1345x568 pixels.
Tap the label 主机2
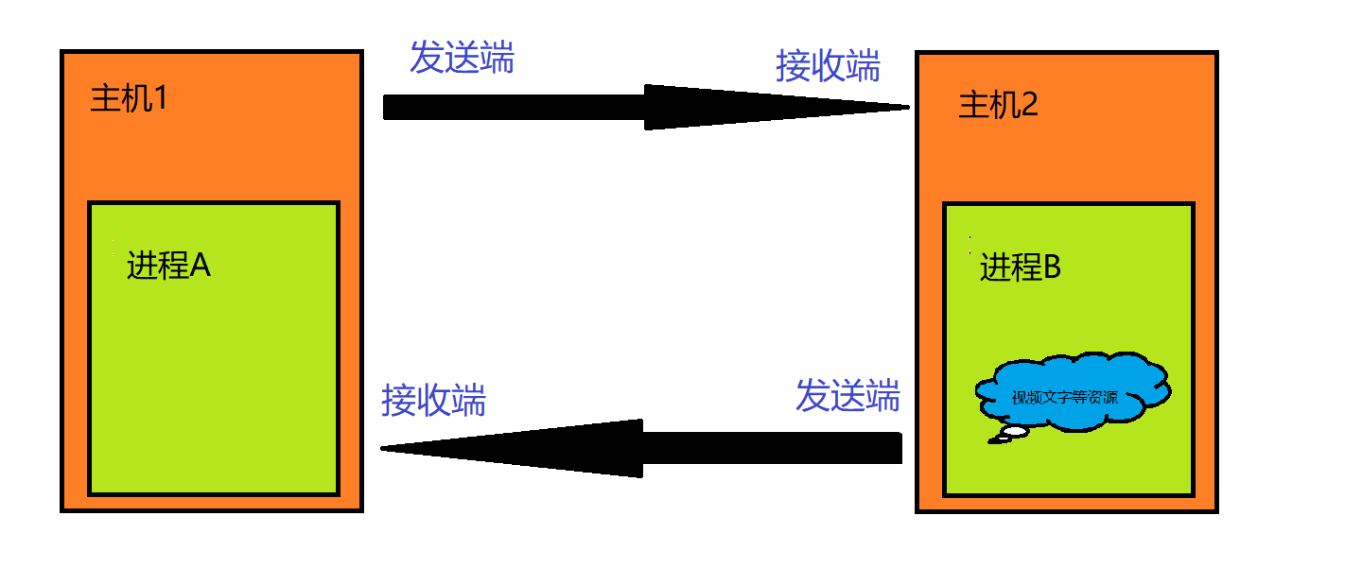[998, 104]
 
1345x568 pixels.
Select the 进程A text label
[168, 267]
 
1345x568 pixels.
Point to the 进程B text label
[1021, 268]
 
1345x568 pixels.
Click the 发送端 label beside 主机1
[462, 59]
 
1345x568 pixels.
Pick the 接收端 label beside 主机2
[828, 67]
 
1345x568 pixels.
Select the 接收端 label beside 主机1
[433, 401]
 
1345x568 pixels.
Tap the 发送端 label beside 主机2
[847, 396]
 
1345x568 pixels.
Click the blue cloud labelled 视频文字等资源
[1072, 393]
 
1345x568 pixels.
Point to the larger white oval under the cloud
[1015, 431]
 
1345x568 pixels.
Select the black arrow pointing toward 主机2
[643, 108]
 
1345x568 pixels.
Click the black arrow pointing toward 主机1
[643, 448]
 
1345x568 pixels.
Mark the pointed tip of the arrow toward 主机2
[905, 108]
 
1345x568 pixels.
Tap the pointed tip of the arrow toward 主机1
[384, 448]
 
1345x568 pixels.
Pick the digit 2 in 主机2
[1029, 104]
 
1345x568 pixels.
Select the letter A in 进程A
[200, 267]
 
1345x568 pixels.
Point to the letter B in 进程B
[1051, 268]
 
